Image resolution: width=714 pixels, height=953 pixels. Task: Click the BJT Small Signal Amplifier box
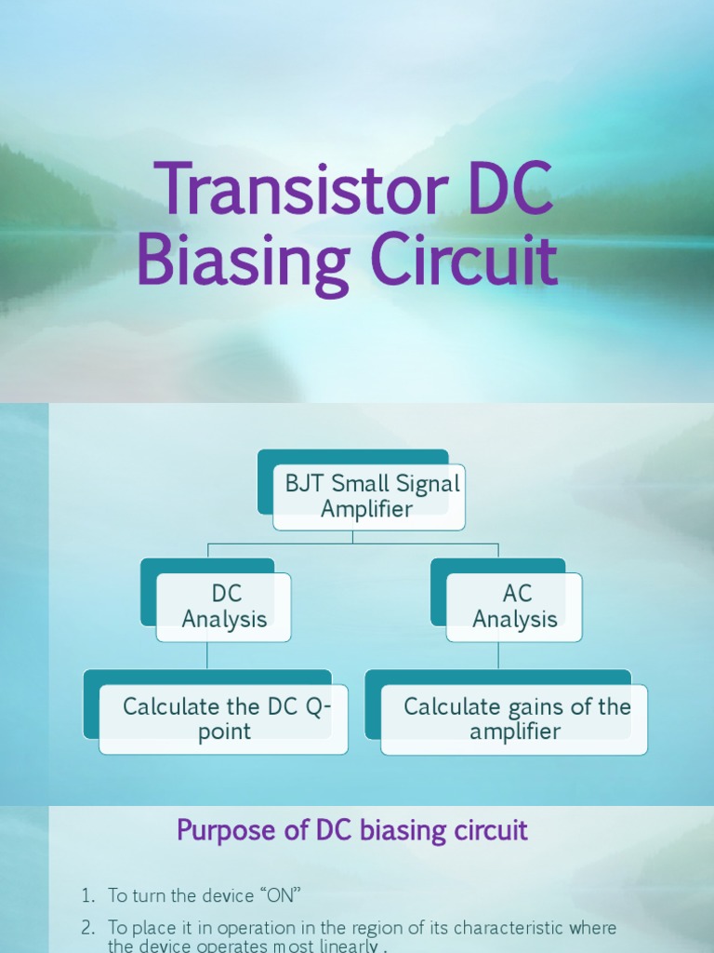pyautogui.click(x=367, y=496)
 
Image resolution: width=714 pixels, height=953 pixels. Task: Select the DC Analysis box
pyautogui.click(x=223, y=607)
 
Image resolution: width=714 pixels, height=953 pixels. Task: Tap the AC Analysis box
pyautogui.click(x=514, y=607)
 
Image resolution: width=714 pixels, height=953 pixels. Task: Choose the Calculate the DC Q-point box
pyautogui.click(x=223, y=718)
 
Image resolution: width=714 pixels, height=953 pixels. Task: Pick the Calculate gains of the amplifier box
pyautogui.click(x=514, y=718)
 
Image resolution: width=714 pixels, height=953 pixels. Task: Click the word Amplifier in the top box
pyautogui.click(x=367, y=509)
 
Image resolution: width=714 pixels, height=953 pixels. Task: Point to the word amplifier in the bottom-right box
pyautogui.click(x=515, y=732)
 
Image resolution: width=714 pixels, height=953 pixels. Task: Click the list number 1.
pyautogui.click(x=87, y=895)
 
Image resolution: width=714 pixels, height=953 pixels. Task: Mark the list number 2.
pyautogui.click(x=87, y=928)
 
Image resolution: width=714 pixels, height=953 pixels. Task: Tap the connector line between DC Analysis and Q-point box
pyautogui.click(x=207, y=655)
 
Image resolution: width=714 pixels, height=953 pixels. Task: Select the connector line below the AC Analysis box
pyautogui.click(x=498, y=655)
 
